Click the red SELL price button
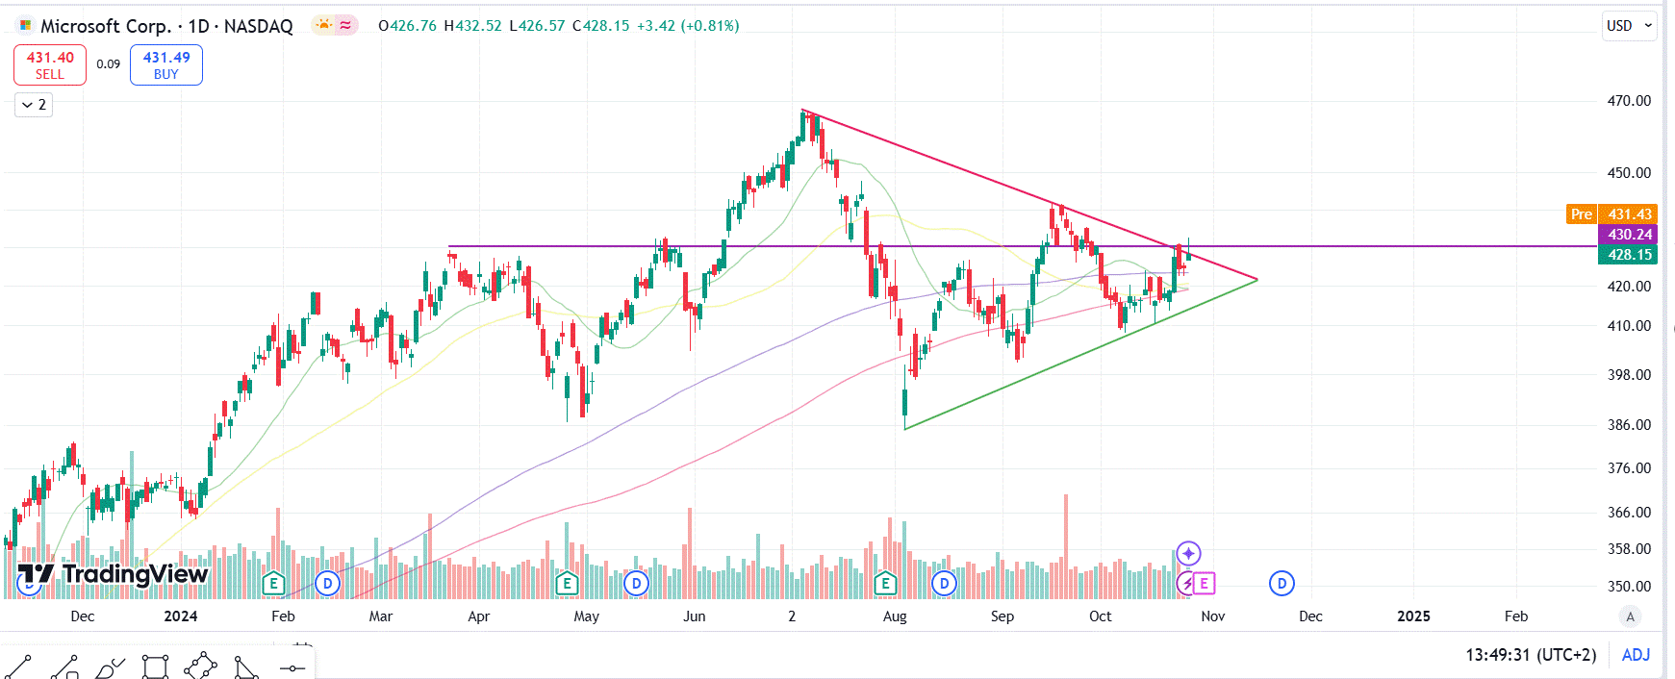point(50,64)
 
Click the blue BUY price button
point(166,64)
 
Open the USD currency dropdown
point(1628,26)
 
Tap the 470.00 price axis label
point(1629,101)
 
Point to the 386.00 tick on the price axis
point(1629,425)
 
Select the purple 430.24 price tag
point(1629,235)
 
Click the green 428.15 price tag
point(1629,255)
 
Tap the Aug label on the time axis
point(895,616)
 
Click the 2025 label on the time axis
point(1413,616)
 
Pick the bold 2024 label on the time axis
point(181,616)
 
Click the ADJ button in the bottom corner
point(1636,655)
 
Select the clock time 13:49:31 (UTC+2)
point(1530,655)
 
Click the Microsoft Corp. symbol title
point(106,26)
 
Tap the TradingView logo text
point(135,574)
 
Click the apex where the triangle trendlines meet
point(1257,280)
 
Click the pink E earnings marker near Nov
point(1204,583)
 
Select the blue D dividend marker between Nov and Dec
point(1282,583)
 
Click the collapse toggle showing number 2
point(34,105)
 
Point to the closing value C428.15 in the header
point(601,26)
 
